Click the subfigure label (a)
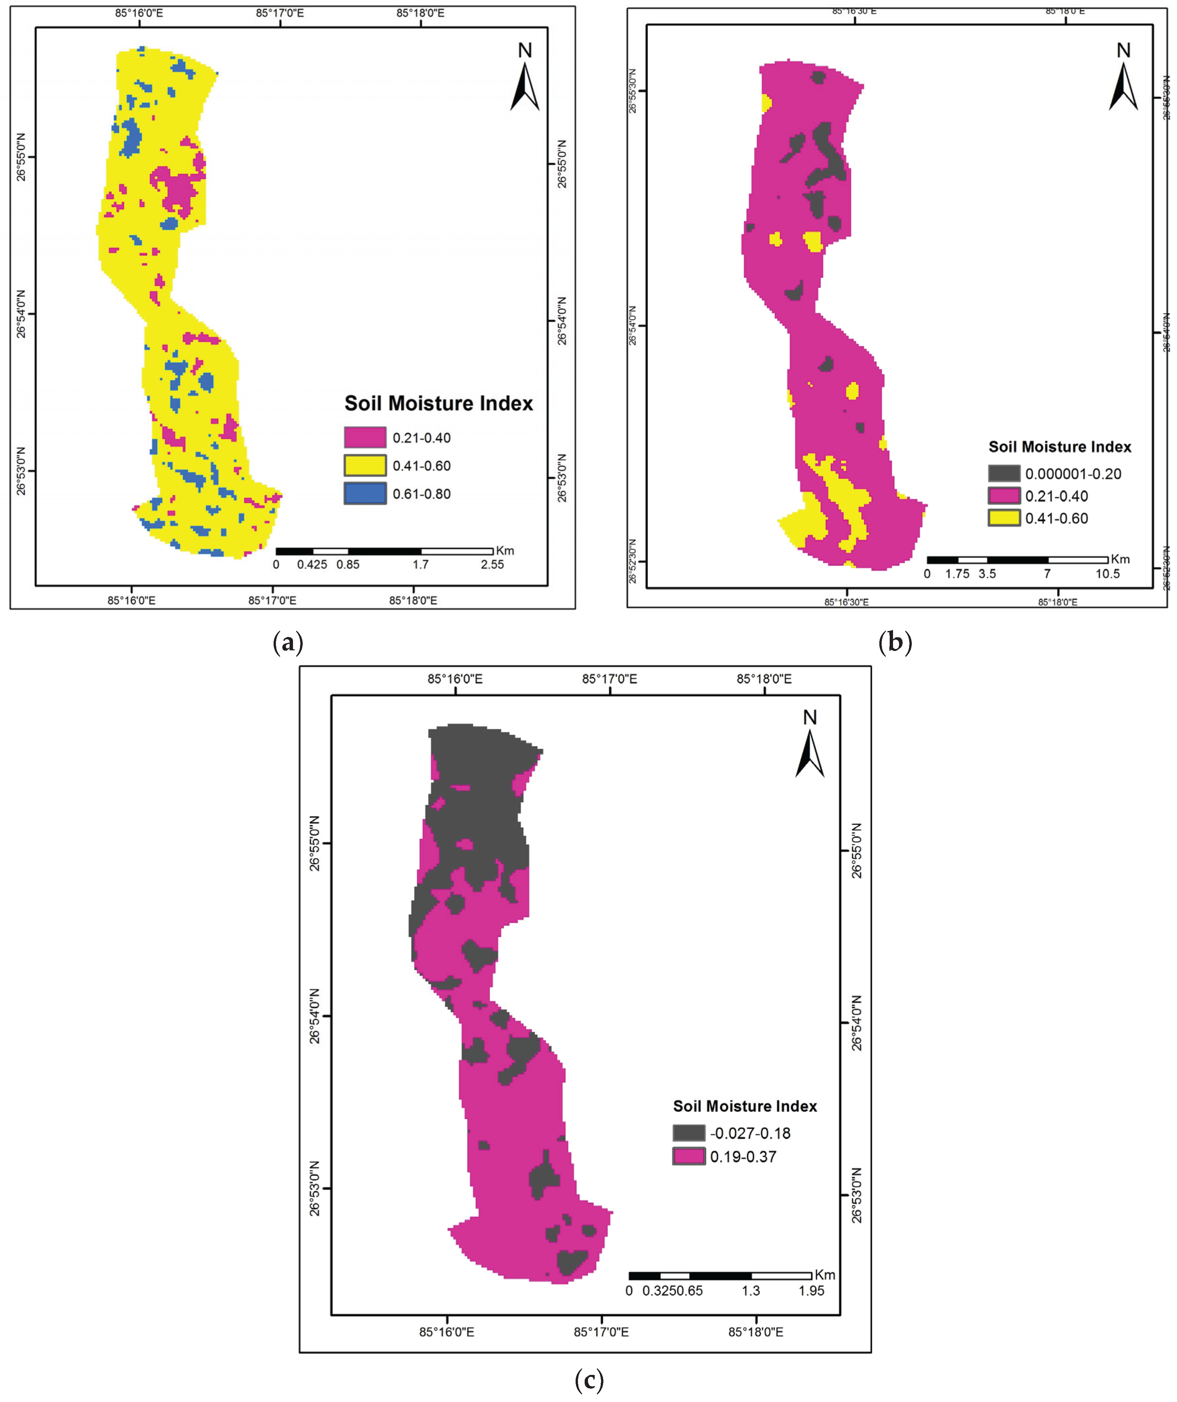[x=288, y=643]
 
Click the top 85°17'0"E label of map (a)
[x=280, y=13]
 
